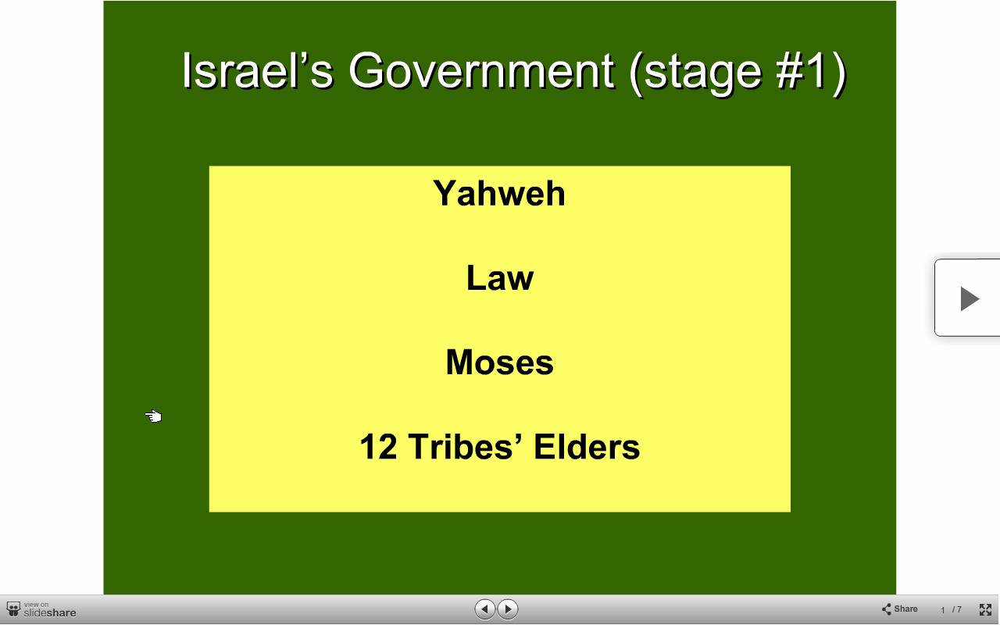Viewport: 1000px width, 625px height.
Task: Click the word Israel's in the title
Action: pyautogui.click(x=258, y=71)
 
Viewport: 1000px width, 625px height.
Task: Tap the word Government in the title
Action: pyautogui.click(x=481, y=71)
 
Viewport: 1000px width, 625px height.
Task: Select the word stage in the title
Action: pyautogui.click(x=702, y=74)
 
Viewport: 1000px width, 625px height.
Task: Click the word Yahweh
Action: pyautogui.click(x=499, y=193)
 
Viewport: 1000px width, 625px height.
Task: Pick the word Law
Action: pyautogui.click(x=499, y=277)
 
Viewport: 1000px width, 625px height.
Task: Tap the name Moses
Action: pyautogui.click(x=499, y=362)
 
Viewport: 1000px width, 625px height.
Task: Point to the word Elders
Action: pyautogui.click(x=587, y=446)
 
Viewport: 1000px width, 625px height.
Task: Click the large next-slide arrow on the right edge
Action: pyautogui.click(x=970, y=298)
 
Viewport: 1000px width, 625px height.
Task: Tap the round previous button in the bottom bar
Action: pyautogui.click(x=484, y=609)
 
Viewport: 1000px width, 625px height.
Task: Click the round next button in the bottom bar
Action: pyautogui.click(x=508, y=609)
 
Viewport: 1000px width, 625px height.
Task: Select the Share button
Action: pyautogui.click(x=899, y=609)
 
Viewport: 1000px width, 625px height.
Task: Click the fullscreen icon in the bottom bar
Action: pyautogui.click(x=985, y=609)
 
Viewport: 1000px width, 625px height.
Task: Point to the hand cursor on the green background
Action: pyautogui.click(x=154, y=416)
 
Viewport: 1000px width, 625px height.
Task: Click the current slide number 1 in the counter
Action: pyautogui.click(x=942, y=610)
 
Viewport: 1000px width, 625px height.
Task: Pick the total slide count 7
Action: pyautogui.click(x=959, y=609)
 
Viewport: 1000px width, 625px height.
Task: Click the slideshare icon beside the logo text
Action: pyautogui.click(x=13, y=609)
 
